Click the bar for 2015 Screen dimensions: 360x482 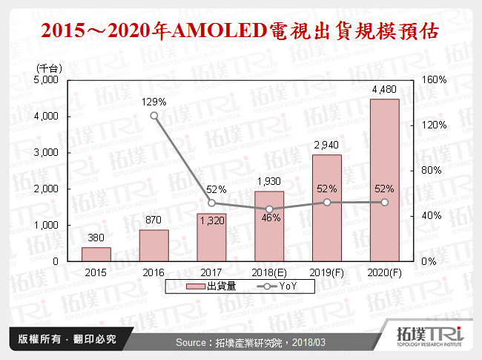pos(96,254)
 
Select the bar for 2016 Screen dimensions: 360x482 pos(153,245)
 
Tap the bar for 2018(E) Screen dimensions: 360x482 pos(269,226)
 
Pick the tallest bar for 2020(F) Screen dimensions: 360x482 pos(384,180)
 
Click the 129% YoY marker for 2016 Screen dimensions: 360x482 pos(154,115)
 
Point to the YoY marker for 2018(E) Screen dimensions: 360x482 pos(269,209)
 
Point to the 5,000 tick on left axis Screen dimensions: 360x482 pos(48,80)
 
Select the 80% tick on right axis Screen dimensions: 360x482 pos(432,171)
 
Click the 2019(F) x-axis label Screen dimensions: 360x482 pos(326,272)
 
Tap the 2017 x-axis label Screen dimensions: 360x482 pos(211,272)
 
